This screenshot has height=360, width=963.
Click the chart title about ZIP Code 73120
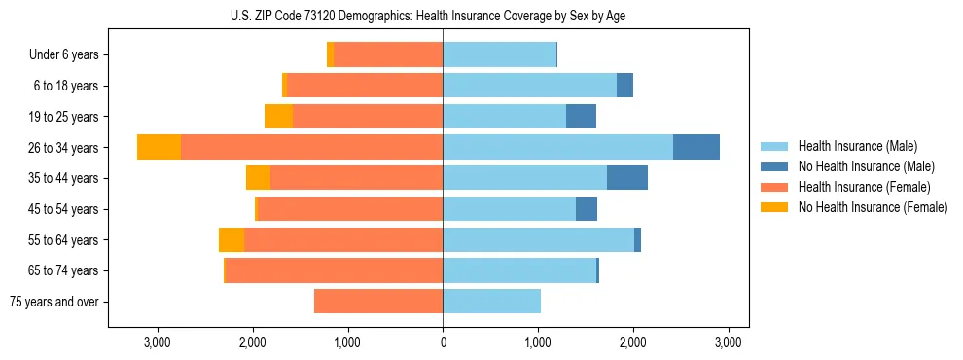tap(443, 15)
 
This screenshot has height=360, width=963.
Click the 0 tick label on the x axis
tap(443, 342)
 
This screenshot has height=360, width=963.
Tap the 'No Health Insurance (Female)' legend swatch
tap(775, 207)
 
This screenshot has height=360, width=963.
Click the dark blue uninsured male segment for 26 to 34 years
tap(696, 147)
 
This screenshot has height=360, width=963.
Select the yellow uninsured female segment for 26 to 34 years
tap(159, 147)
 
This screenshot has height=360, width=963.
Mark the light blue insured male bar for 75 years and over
tap(491, 302)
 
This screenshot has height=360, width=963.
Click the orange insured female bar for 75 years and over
tap(378, 302)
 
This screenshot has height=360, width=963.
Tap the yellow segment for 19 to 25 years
tap(278, 117)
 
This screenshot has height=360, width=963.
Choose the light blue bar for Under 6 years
tap(499, 54)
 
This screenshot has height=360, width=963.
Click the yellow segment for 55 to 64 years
tap(232, 240)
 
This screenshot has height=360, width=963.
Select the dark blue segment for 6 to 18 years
tap(624, 86)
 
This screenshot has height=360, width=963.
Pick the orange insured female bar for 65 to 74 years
tap(334, 270)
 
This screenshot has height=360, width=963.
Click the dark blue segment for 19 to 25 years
tap(581, 117)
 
